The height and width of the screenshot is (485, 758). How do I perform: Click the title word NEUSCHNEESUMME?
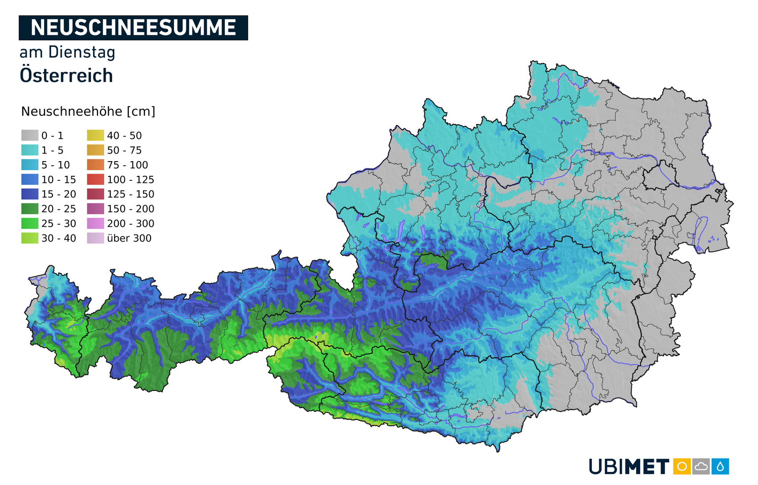point(133,28)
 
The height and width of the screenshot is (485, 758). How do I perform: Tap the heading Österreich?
point(66,76)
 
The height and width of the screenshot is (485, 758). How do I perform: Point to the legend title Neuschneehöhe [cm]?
point(88,112)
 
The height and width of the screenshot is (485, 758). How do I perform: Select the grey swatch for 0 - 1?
point(30,135)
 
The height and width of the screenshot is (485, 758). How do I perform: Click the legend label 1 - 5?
point(53,151)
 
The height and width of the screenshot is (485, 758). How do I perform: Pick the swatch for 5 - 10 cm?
point(30,165)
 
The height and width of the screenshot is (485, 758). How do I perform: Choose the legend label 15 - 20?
point(59,195)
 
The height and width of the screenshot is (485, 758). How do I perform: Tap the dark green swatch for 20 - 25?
point(30,209)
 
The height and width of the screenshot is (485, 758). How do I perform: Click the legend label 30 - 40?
point(59,238)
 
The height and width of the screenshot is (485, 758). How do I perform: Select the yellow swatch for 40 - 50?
point(96,135)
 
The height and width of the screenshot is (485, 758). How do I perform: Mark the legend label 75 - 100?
point(127,165)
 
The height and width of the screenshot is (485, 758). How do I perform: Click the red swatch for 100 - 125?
point(96,179)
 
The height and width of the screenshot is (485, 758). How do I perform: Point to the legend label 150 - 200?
point(130,209)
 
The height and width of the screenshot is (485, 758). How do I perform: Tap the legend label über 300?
point(129,238)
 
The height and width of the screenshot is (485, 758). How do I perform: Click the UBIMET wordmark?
point(629,466)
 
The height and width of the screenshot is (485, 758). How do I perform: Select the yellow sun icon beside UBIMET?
point(682,466)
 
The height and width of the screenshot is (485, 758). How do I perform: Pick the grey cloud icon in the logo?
point(701,466)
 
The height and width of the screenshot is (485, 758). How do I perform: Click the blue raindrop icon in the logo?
point(720,466)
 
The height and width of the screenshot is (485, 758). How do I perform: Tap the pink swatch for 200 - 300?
point(96,223)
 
